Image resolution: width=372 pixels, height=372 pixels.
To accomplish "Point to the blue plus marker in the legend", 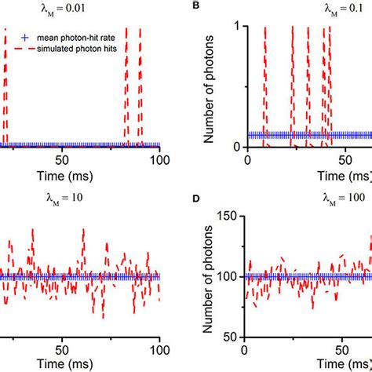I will [26, 37].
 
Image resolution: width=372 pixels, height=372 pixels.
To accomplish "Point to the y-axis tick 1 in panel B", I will [237, 27].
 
